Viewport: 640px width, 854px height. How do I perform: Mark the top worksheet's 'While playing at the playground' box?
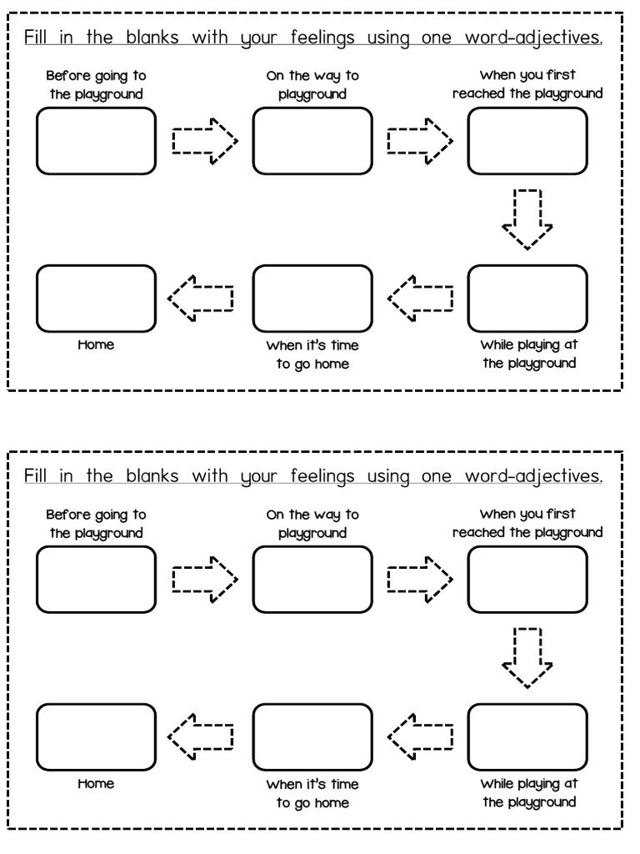(x=527, y=298)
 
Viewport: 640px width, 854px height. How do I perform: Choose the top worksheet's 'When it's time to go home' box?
(x=312, y=298)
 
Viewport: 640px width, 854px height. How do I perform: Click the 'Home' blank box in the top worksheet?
(x=97, y=298)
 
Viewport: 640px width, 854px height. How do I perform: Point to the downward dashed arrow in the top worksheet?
(x=527, y=219)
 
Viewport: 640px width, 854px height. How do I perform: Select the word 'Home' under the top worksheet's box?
(x=96, y=344)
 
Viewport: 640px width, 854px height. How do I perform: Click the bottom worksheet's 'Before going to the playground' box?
(x=97, y=579)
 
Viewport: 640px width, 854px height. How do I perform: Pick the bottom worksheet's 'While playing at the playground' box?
(x=527, y=736)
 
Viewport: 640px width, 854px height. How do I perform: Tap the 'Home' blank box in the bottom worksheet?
(x=97, y=736)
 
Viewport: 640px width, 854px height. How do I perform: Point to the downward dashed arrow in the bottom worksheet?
(x=527, y=658)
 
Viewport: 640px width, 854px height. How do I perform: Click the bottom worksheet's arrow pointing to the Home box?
(x=201, y=736)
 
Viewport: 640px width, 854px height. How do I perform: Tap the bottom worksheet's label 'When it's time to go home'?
(x=312, y=793)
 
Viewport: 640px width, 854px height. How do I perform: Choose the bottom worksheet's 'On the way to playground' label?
(x=312, y=523)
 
